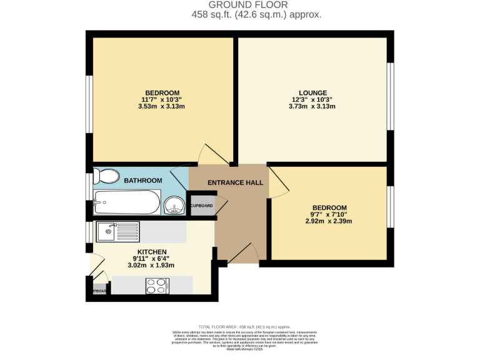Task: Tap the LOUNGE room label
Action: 312,93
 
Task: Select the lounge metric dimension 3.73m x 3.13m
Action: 312,107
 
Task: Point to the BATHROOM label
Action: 142,181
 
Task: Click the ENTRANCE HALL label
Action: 235,182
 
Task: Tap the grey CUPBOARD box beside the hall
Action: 201,206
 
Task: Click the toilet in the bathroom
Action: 106,176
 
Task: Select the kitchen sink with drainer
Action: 119,232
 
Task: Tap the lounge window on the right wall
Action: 391,96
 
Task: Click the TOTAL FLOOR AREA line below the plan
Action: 244,327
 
